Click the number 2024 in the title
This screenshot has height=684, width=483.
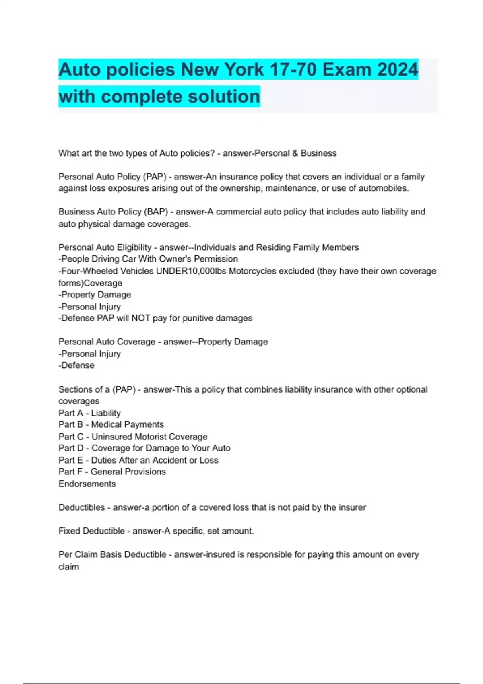point(397,70)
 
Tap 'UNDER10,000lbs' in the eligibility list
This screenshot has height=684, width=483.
point(191,271)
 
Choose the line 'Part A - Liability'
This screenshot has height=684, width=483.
point(89,413)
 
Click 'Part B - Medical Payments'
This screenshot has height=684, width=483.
point(111,425)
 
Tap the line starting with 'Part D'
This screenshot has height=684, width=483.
point(144,448)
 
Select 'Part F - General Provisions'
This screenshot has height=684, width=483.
point(112,472)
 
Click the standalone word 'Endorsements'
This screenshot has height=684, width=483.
point(87,484)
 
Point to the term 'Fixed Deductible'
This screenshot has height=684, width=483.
point(91,531)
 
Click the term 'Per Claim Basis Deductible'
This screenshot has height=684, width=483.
point(112,555)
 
